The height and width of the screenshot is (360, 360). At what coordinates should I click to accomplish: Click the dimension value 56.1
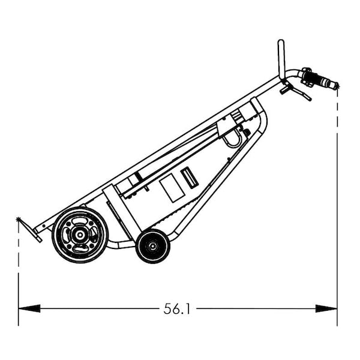(x=177, y=309)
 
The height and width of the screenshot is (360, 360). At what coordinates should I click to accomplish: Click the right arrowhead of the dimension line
(x=326, y=308)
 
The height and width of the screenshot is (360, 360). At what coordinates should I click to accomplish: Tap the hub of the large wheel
(x=80, y=235)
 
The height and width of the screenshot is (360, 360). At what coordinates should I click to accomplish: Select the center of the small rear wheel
(x=152, y=245)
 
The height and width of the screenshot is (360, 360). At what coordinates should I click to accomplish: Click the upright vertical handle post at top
(x=280, y=58)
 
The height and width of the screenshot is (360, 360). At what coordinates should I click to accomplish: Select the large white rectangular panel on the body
(x=171, y=188)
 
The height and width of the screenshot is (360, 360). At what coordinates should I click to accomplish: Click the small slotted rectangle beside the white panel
(x=190, y=178)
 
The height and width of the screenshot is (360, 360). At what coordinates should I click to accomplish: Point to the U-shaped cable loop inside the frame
(x=233, y=140)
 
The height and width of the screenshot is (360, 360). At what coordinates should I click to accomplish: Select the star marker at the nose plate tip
(x=19, y=220)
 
